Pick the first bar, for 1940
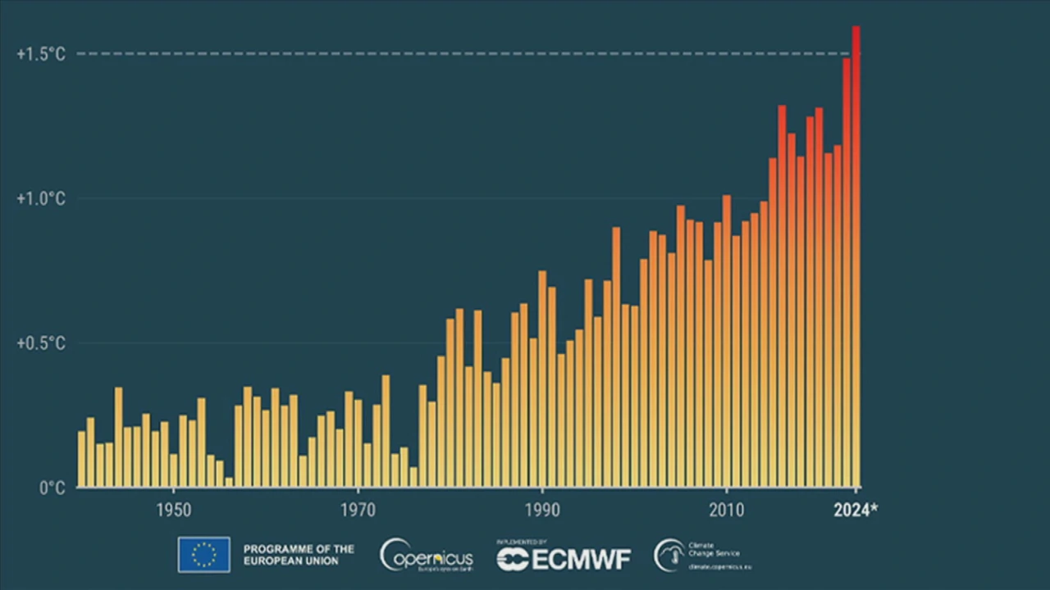tap(81, 459)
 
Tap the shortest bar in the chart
tap(229, 483)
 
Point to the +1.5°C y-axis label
tap(40, 54)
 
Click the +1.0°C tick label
tap(40, 199)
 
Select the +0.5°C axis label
tap(40, 343)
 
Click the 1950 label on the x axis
tap(173, 511)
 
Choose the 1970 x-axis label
tap(358, 511)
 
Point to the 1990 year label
tap(542, 511)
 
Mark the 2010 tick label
tap(726, 511)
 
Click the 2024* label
tap(855, 511)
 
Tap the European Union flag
tap(203, 555)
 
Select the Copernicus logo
tap(426, 556)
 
